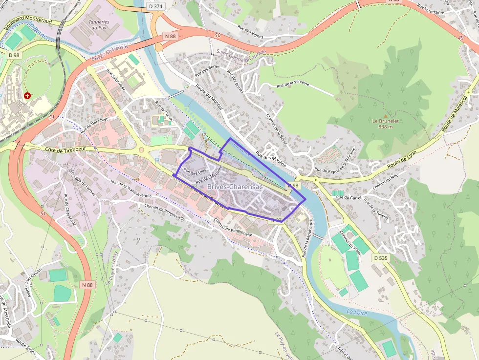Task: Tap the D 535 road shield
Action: pyautogui.click(x=380, y=258)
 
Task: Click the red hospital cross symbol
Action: pyautogui.click(x=27, y=96)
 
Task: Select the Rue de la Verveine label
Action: pyautogui.click(x=293, y=85)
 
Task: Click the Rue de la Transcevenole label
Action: pyautogui.click(x=131, y=189)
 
